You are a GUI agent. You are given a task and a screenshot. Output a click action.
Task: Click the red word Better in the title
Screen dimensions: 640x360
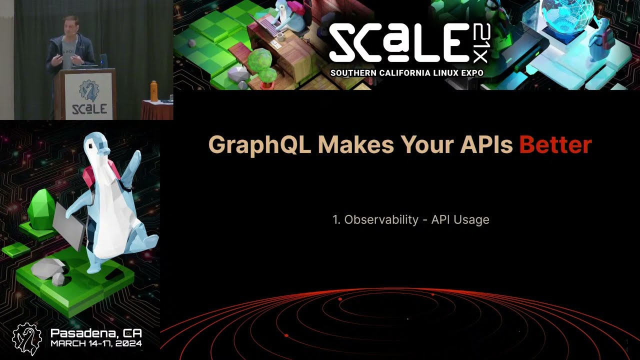(555, 145)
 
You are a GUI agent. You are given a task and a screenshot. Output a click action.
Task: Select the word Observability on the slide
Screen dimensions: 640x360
(381, 219)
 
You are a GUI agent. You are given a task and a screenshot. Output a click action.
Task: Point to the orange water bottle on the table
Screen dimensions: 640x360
(154, 91)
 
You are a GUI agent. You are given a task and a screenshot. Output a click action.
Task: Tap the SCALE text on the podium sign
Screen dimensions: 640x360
(89, 109)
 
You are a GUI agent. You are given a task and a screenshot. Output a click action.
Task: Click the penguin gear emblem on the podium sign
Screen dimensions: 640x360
(89, 91)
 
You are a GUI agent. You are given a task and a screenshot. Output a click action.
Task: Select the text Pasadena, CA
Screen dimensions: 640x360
(96, 333)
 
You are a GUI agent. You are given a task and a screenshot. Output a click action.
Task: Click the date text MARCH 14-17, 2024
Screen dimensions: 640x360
(96, 343)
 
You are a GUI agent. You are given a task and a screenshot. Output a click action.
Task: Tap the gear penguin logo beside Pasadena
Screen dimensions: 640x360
(27, 339)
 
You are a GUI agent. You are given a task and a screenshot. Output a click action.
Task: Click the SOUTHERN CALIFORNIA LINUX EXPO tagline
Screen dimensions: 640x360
(407, 73)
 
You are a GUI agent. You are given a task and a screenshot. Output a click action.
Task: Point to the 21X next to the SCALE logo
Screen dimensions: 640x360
(481, 43)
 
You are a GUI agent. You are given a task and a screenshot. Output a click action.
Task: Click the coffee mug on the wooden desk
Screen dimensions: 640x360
(280, 36)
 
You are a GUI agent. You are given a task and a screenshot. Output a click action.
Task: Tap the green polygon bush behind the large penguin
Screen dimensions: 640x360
(41, 208)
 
